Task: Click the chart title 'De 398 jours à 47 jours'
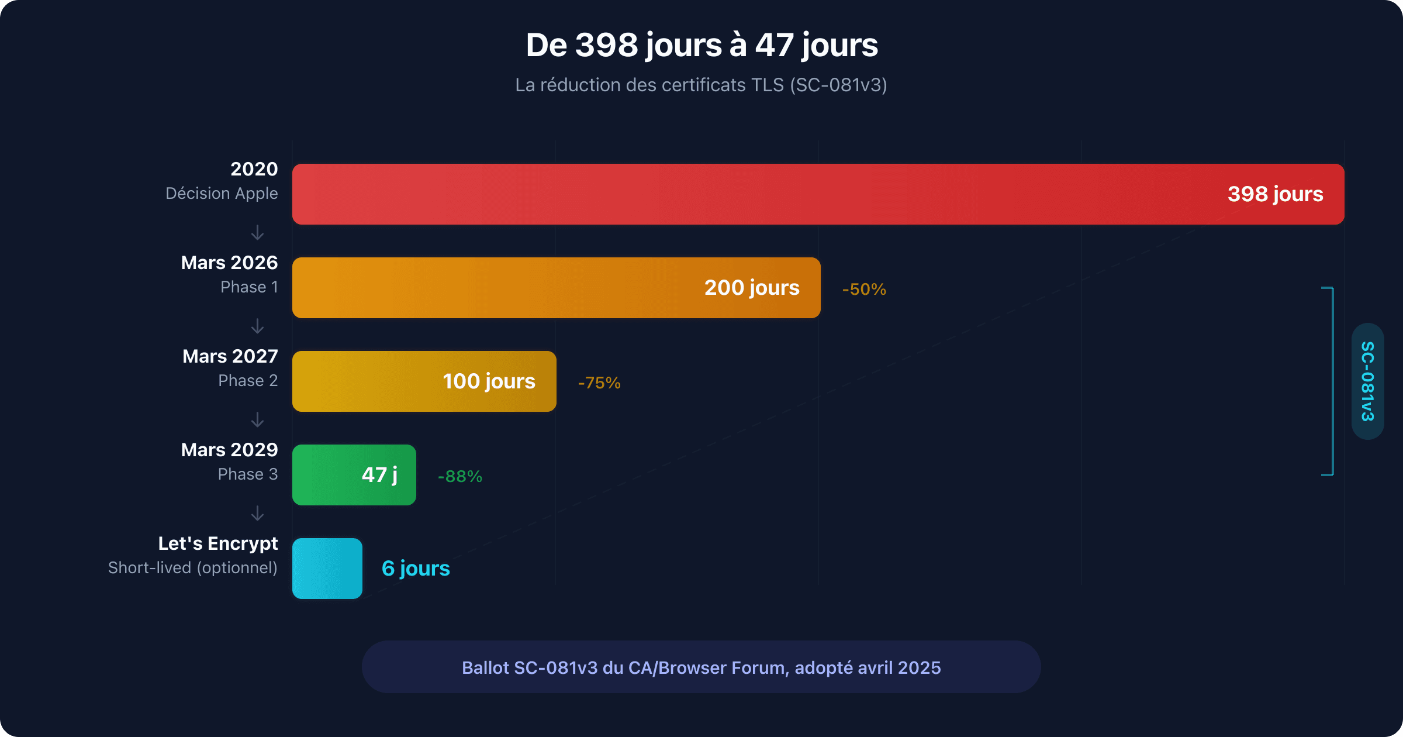(701, 45)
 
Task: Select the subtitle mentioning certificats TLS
(701, 85)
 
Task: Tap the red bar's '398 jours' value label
(1275, 194)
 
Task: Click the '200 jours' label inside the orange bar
(751, 288)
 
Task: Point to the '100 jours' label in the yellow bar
(489, 381)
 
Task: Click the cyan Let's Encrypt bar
(327, 569)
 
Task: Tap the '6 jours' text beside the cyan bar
(416, 569)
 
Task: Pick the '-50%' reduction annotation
(864, 290)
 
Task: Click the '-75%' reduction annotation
(599, 383)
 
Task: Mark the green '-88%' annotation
(460, 477)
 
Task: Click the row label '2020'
(254, 169)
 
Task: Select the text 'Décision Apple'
(222, 194)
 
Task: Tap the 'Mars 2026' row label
(229, 263)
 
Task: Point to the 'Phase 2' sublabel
(248, 381)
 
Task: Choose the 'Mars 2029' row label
(229, 450)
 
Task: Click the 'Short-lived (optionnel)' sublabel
(193, 568)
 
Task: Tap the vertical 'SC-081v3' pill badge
(1367, 381)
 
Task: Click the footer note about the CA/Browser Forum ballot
(701, 667)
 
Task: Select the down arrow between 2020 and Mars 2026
(257, 233)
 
